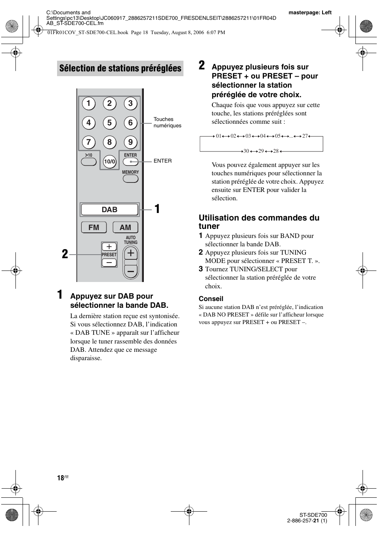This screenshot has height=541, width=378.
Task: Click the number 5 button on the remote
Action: [x=109, y=123]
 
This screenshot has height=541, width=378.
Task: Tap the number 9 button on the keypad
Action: [x=130, y=142]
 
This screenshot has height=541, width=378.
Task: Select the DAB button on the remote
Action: [x=110, y=209]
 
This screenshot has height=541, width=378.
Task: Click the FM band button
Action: [x=94, y=227]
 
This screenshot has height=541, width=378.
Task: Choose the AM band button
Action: [x=125, y=227]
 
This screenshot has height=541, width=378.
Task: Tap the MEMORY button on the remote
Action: [x=130, y=178]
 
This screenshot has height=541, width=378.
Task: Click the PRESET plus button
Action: [x=109, y=247]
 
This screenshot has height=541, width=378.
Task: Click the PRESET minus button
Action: [x=109, y=262]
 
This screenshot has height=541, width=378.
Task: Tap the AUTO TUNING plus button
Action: [x=131, y=253]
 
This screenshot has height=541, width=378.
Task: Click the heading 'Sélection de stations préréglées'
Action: [x=120, y=69]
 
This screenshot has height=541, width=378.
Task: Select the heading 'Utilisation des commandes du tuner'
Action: [x=259, y=222]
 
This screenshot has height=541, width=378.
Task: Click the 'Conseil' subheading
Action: [x=211, y=299]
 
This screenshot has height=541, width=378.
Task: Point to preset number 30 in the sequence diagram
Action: [x=246, y=151]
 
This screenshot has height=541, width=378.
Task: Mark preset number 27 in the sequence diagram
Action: [x=305, y=136]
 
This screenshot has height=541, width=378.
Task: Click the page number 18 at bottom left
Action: [x=60, y=478]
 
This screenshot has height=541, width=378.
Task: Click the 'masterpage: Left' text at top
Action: [x=310, y=13]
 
